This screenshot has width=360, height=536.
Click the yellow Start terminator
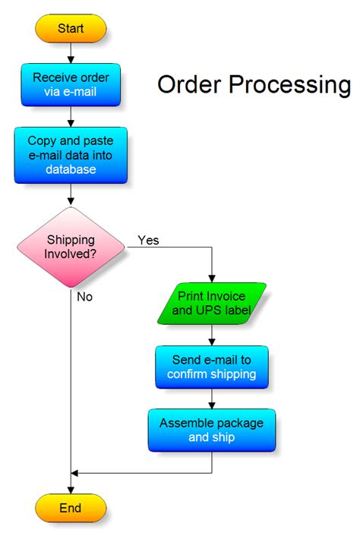point(71,29)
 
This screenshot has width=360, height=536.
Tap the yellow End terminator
point(71,507)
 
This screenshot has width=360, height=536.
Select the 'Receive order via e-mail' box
point(71,85)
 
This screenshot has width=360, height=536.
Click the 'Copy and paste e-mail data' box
point(71,155)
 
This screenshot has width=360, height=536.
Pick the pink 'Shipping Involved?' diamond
point(71,247)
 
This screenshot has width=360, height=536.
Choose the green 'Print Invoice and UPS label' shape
point(212,303)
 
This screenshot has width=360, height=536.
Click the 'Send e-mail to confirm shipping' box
point(212,367)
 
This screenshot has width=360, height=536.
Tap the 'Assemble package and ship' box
point(212,430)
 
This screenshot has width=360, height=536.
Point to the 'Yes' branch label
point(148,240)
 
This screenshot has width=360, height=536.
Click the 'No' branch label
point(84,297)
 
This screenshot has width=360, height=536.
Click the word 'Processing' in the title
point(291,84)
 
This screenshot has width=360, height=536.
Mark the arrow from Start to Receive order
point(71,53)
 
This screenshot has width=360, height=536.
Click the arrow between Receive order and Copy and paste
point(71,117)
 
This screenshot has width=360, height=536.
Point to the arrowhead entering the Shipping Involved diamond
point(71,201)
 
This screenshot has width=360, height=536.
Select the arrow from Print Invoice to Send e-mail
point(212,336)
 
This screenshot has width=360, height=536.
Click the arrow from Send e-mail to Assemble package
point(212,399)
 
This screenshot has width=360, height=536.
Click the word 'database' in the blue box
point(71,169)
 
